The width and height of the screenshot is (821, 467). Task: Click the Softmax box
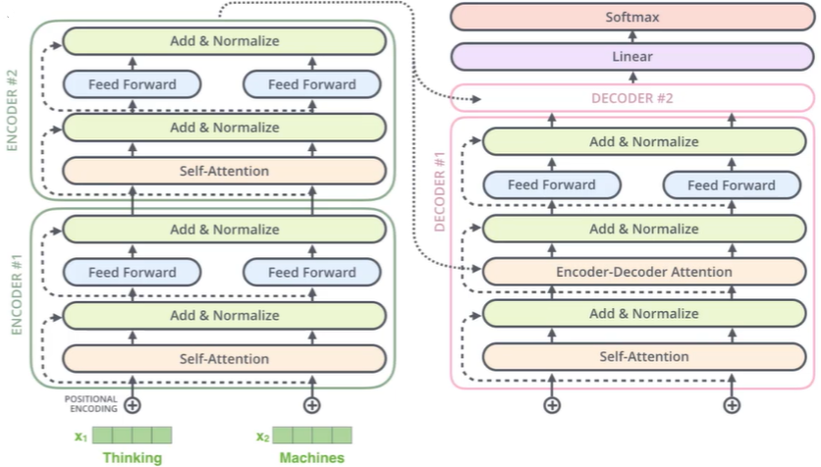point(632,17)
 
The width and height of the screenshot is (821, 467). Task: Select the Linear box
point(632,57)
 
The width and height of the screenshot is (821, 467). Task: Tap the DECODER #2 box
point(632,98)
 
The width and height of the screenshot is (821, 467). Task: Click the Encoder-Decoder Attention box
point(644,272)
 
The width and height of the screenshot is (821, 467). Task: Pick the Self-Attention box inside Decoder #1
point(644,357)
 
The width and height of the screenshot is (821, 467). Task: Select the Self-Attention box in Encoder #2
point(224,171)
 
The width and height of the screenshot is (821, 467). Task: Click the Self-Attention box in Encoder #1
point(224,359)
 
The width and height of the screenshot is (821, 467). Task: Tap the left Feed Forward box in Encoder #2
point(132,84)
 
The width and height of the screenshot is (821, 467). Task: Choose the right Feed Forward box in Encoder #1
point(312,272)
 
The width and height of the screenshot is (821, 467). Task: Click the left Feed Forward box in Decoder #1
point(552,184)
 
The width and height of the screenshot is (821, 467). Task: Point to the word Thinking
point(133,457)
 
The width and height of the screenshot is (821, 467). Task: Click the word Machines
point(312,457)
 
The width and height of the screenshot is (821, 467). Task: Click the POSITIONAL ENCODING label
point(91,404)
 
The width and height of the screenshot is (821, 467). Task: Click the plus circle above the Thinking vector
point(133,405)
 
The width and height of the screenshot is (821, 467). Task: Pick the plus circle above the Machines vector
point(312,405)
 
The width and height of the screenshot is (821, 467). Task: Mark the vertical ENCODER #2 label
point(12,110)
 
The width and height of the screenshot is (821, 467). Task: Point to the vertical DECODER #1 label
point(439,191)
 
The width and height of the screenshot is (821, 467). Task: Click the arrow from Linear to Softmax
point(632,36)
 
